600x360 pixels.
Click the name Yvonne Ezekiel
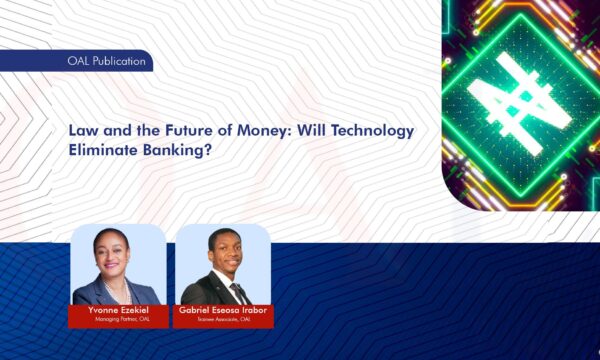tap(117, 311)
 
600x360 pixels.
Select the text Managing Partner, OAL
tap(117, 321)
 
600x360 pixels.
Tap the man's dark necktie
tap(235, 292)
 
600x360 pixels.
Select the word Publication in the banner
tap(122, 62)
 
